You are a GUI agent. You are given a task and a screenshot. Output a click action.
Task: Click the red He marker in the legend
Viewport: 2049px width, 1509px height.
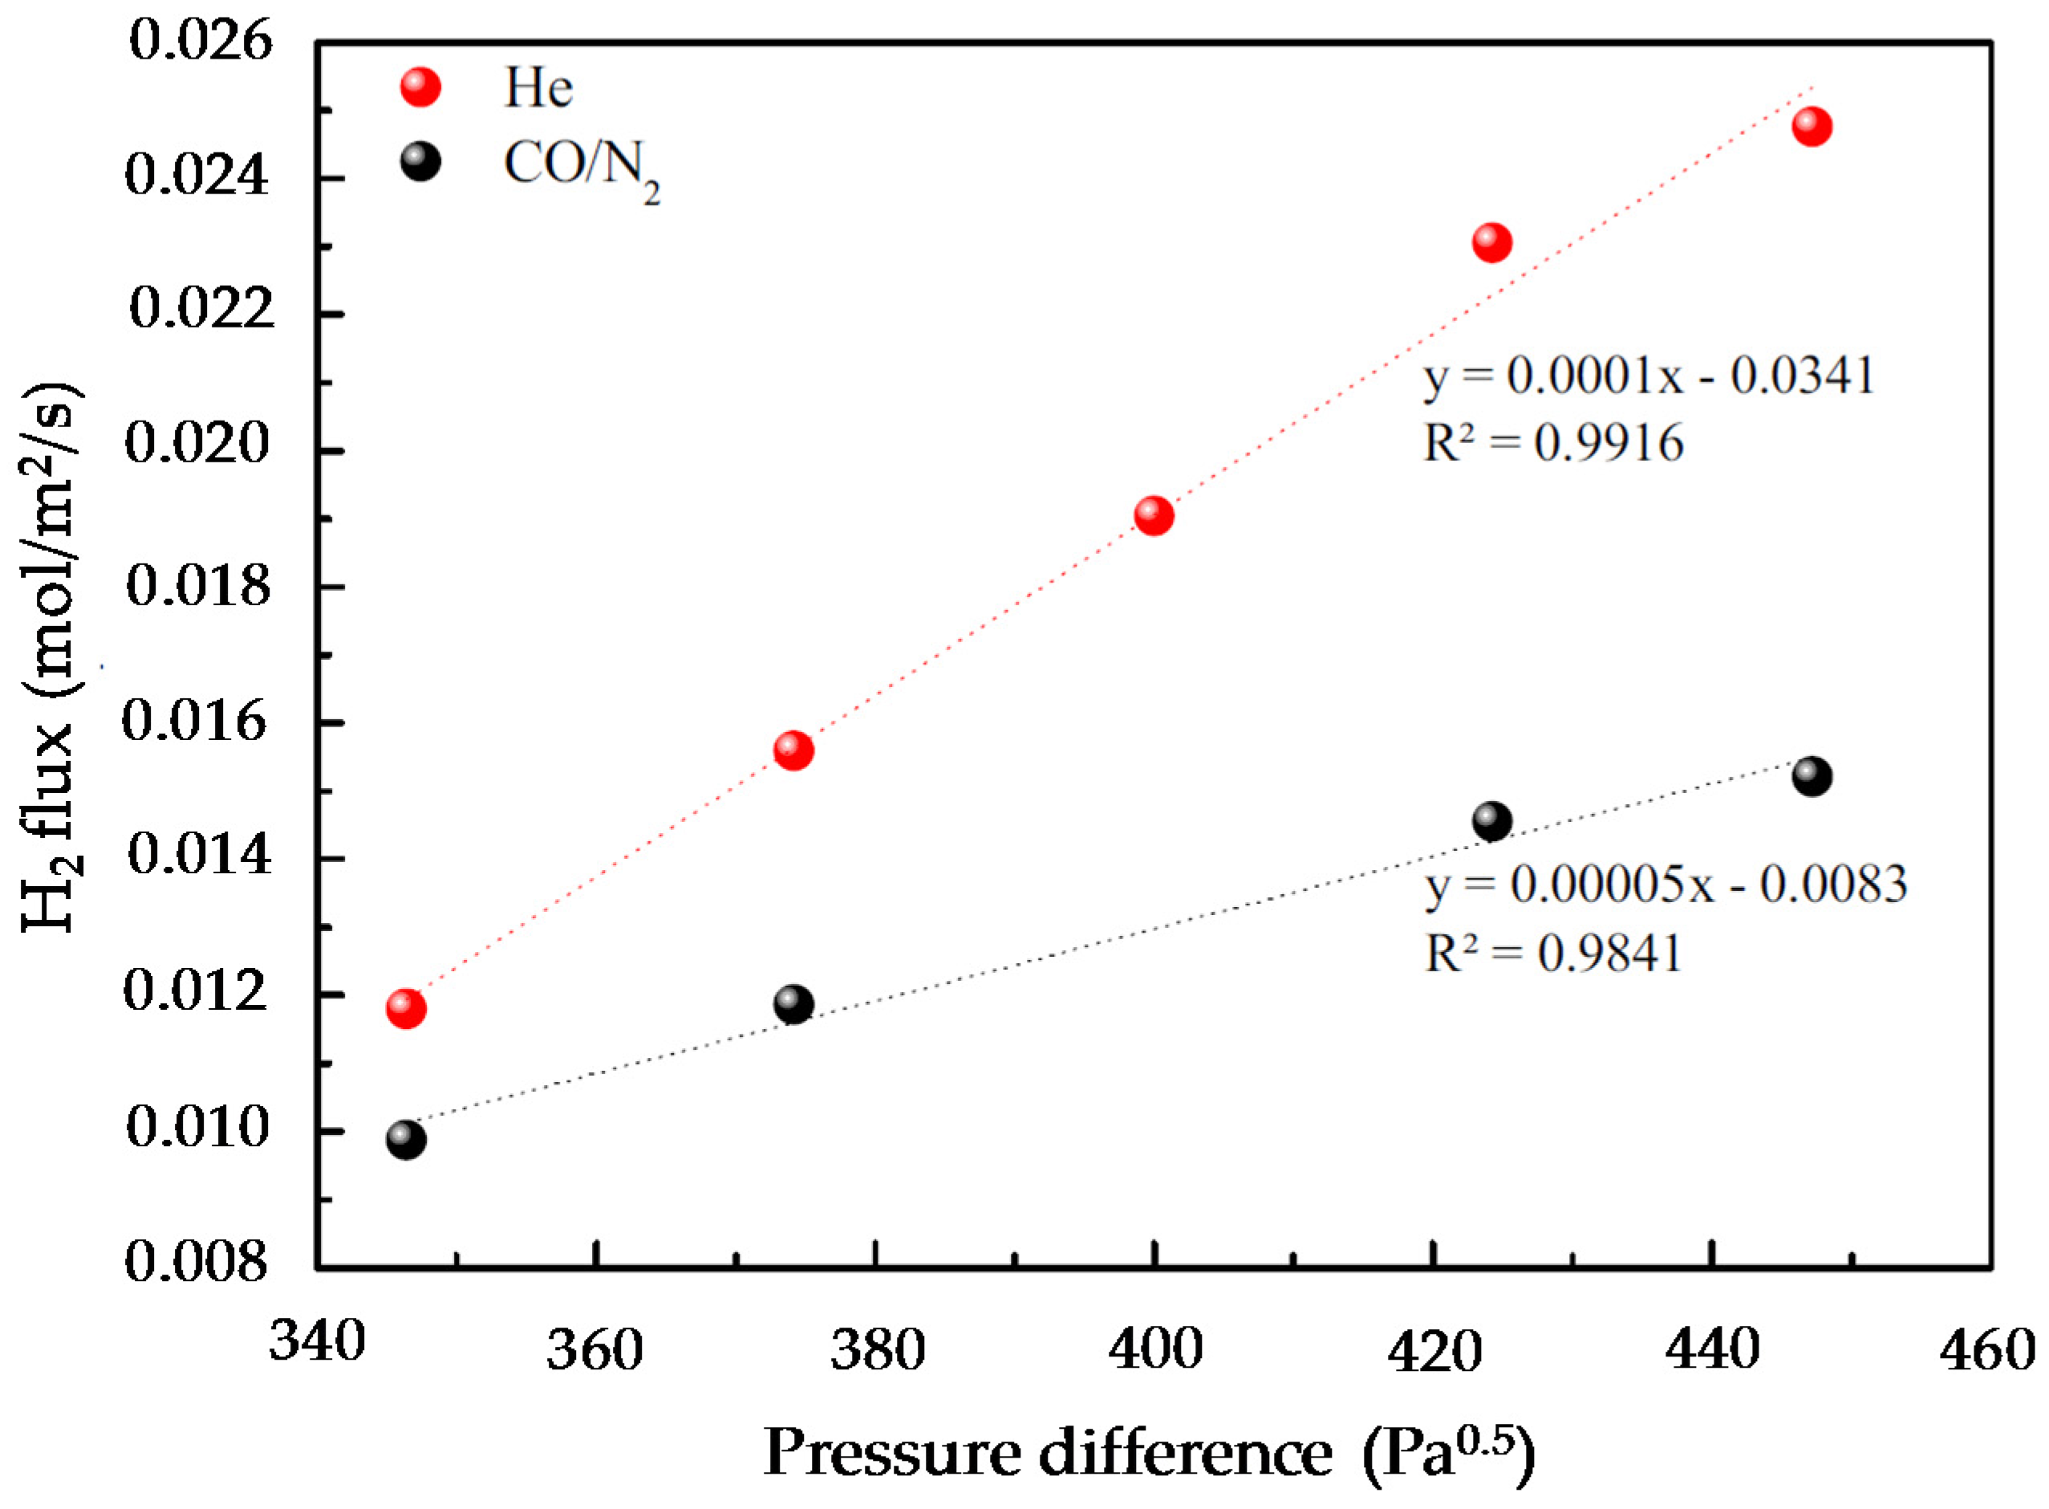420,87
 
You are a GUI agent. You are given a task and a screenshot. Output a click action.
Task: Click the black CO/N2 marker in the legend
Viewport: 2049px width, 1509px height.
420,163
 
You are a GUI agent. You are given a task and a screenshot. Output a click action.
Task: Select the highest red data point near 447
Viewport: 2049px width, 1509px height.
1812,127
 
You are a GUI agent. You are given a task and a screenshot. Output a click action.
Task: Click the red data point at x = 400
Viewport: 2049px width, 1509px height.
1154,517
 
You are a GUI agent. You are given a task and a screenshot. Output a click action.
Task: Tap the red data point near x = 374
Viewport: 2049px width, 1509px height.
793,750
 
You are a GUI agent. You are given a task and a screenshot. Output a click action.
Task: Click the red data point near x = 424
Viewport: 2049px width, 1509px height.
1492,243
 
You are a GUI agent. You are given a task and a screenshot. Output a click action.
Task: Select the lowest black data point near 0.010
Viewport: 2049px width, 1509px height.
405,1140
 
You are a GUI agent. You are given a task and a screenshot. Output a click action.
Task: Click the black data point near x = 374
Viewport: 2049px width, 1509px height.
793,1005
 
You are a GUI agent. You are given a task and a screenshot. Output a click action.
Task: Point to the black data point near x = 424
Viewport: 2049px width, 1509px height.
1492,821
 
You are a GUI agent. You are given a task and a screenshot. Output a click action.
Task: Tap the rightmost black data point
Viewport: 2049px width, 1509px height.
1812,776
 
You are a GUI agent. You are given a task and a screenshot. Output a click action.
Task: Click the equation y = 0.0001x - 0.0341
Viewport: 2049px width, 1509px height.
1649,376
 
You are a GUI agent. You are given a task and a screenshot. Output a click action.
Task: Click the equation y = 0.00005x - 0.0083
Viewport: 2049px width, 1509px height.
1666,885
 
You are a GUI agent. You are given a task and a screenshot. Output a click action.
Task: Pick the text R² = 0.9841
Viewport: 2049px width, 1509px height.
1553,954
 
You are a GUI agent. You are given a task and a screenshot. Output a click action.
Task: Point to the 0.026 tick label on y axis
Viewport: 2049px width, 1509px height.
200,42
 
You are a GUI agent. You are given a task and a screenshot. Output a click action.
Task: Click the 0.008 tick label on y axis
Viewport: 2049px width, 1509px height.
197,1263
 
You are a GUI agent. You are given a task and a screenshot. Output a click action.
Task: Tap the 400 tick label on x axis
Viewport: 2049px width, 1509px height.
1155,1349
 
